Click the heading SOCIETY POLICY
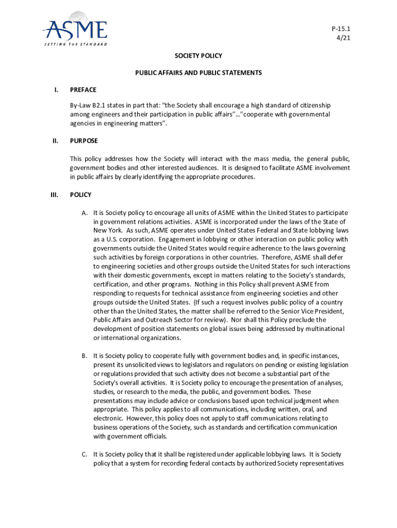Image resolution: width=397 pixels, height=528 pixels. [x=198, y=55]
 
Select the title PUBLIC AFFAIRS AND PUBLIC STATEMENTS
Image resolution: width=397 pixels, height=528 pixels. [x=198, y=73]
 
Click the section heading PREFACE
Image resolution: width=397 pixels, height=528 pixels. [x=83, y=90]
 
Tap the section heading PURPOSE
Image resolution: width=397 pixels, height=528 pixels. [x=84, y=140]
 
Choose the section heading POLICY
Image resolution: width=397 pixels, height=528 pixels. [x=81, y=195]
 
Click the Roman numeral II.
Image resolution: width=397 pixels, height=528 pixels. [x=56, y=140]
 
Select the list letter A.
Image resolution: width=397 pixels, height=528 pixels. [x=84, y=212]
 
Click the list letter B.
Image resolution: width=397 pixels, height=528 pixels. [x=84, y=356]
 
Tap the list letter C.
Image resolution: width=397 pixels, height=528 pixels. [x=84, y=454]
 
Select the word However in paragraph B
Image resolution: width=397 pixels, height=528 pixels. [x=140, y=418]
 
